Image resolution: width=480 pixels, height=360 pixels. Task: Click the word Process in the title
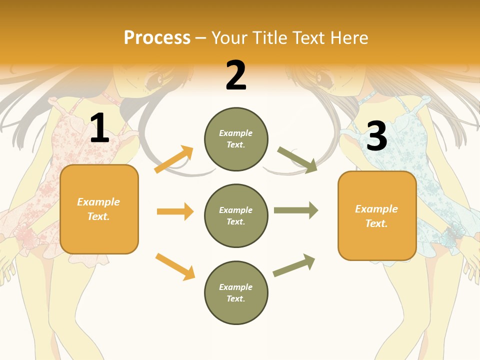point(157,38)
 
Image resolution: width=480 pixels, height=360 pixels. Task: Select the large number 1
point(99,128)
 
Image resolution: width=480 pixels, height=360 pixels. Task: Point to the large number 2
point(236,75)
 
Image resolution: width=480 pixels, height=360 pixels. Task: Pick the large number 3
point(376,136)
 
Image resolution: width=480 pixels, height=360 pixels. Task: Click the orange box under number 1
point(99,209)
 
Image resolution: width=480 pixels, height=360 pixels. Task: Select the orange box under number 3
point(377,216)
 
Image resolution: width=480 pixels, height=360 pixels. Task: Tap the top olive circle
point(236,139)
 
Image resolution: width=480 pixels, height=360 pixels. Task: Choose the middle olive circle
point(236,216)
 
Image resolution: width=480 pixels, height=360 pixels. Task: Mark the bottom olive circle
point(236,293)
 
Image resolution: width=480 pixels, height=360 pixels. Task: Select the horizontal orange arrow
point(175,211)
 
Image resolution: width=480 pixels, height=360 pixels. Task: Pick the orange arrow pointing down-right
point(175,266)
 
